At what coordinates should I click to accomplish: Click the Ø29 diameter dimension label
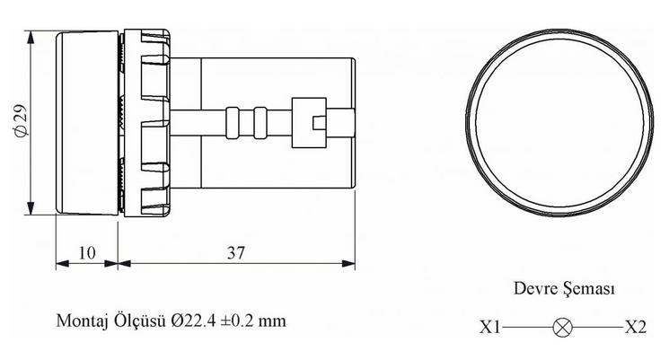point(22,120)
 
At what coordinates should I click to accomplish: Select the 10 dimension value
point(87,252)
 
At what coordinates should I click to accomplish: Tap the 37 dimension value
point(236,252)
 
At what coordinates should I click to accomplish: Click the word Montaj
point(81,320)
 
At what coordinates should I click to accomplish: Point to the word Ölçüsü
point(139,320)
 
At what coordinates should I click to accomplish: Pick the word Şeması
point(589,289)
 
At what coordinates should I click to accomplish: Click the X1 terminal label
point(489,327)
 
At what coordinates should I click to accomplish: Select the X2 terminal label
point(636,327)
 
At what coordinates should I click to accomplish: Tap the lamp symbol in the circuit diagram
point(563,328)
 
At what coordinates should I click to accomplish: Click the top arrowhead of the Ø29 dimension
point(30,37)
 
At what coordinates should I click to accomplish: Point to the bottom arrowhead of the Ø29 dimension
point(30,208)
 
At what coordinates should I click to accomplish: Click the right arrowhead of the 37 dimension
point(349,264)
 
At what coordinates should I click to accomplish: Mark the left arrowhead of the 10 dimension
point(62,264)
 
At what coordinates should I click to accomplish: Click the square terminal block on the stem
point(309,123)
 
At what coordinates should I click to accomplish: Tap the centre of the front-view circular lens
point(559,122)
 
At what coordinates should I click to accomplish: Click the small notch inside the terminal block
point(320,123)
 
